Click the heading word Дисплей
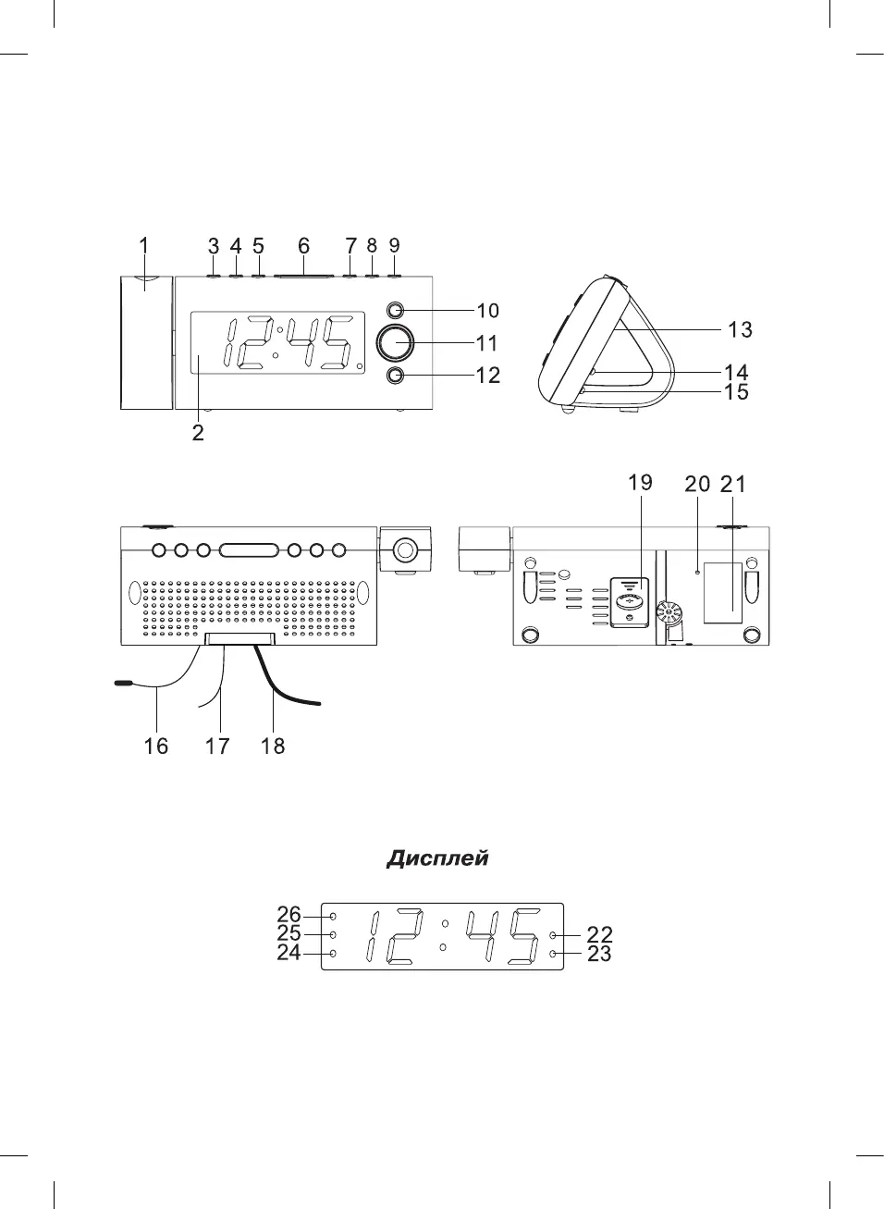coord(436,858)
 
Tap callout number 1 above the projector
coord(143,245)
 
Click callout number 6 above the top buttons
coord(303,246)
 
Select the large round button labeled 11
coord(397,342)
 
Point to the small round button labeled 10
coord(395,311)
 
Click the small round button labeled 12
coord(395,375)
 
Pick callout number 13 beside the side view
coord(740,329)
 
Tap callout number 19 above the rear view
coord(640,483)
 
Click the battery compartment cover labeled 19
coord(631,602)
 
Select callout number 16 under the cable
coord(156,746)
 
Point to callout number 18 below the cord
coord(273,746)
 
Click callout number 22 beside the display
coord(599,935)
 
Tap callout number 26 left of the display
coord(289,915)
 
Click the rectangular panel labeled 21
coord(722,593)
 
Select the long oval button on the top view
coord(249,550)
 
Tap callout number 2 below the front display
coord(198,433)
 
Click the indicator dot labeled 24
coord(333,953)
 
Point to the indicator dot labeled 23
coord(553,953)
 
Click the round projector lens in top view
coord(404,550)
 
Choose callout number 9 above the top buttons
coord(394,245)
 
